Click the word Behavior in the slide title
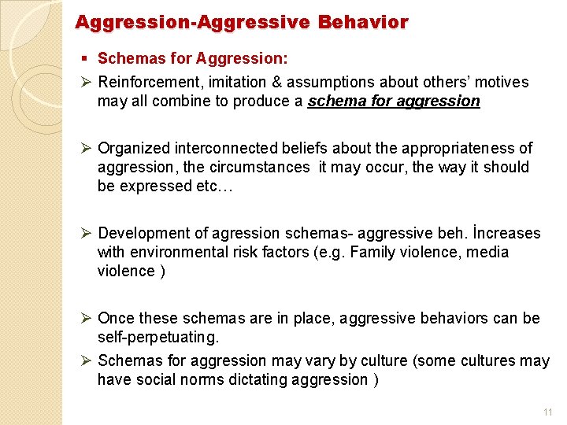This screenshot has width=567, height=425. (x=363, y=23)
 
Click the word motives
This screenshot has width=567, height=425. (x=502, y=83)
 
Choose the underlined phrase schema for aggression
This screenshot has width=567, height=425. (x=394, y=102)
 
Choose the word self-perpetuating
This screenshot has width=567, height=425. (x=156, y=338)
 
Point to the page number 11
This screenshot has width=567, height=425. (x=548, y=412)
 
